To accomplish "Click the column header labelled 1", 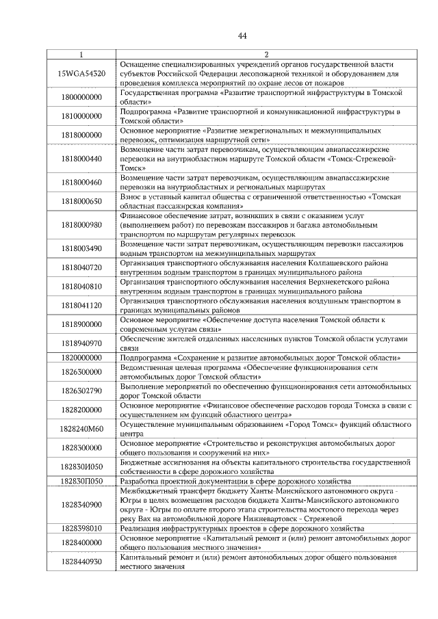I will click(81, 54).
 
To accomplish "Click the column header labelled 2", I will click(266, 54).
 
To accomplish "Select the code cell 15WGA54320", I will click(81, 73).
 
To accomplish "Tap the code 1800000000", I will click(81, 97).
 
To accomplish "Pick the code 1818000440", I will click(81, 158).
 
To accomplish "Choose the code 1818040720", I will click(81, 267).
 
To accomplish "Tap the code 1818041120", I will click(81, 305).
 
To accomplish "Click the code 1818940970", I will click(81, 343).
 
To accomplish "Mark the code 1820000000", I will click(81, 357).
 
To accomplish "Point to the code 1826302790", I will click(81, 391).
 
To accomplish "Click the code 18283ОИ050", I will click(81, 466).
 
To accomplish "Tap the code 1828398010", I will click(81, 528).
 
